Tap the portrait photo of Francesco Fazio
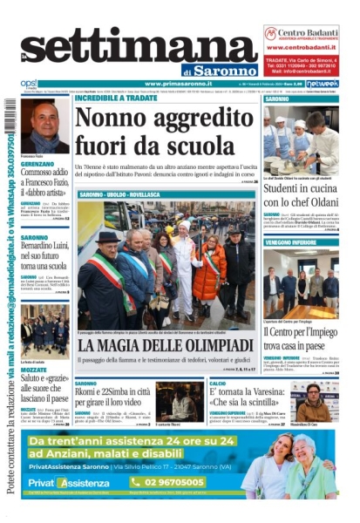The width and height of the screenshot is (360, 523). coord(43,126)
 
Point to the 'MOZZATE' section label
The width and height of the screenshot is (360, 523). coord(34,370)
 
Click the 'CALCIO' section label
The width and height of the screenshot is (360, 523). coord(218,384)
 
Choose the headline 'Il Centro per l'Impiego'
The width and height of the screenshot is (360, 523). coord(302,330)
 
